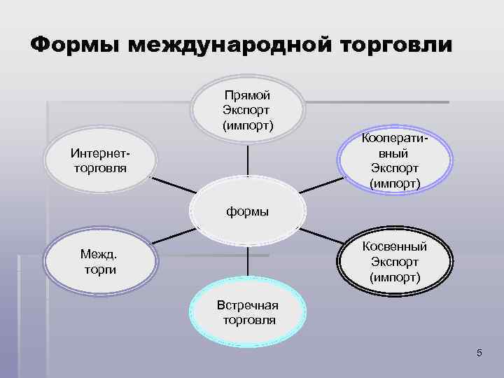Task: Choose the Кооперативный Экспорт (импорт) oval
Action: tap(395, 161)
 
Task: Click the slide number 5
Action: tap(479, 353)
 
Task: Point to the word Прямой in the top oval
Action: tap(247, 97)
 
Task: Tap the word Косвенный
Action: tap(395, 246)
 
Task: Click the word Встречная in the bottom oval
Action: tap(248, 306)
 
